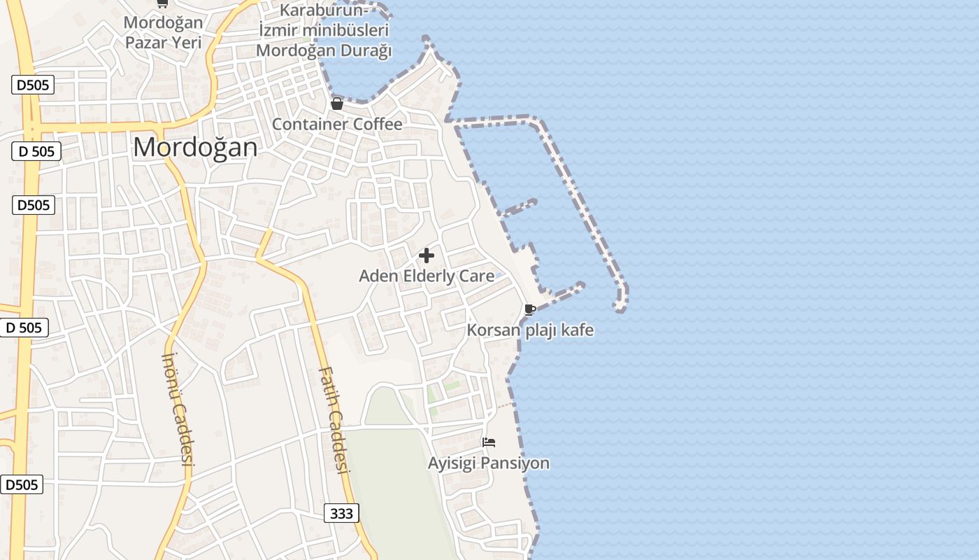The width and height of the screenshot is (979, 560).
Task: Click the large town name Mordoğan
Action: coord(195,147)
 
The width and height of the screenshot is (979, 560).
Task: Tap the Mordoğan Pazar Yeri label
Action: coord(163,32)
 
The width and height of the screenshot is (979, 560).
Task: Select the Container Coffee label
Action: coord(337,124)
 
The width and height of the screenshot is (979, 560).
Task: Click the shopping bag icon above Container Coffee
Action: coord(337,104)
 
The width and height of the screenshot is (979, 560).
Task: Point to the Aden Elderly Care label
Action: coord(427,276)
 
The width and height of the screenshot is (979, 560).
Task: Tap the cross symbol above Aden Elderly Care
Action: coord(427,255)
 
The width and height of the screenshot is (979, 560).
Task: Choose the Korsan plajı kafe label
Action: coord(530,330)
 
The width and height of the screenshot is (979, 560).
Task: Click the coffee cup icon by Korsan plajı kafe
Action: coord(530,309)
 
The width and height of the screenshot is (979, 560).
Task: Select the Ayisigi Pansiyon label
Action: coord(489,463)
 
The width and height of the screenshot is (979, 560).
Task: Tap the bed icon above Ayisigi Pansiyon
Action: coord(489,442)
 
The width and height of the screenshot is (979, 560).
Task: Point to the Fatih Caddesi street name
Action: coord(334,420)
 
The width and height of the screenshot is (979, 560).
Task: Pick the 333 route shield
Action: coord(341,513)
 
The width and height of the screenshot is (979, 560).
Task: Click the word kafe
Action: coord(578,330)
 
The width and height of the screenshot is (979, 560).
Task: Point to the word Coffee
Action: coord(380,124)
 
